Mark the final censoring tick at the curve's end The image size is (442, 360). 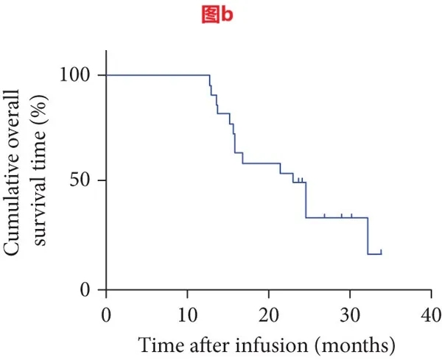tap(381, 252)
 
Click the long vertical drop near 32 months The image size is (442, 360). tap(368, 236)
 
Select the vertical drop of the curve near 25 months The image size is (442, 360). tap(306, 199)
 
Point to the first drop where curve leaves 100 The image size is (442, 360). tap(210, 80)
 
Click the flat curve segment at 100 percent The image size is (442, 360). tap(158, 75)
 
